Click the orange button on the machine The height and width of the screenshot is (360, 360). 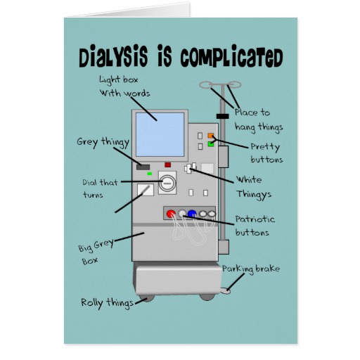point(211,136)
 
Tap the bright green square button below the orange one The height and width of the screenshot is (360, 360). point(211,144)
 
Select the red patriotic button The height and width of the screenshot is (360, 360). point(171,214)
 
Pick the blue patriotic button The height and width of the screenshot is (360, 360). point(192,214)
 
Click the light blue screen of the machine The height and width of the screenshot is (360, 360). point(160,134)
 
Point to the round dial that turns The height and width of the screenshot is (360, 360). point(167,183)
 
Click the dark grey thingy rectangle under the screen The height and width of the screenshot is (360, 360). point(143,167)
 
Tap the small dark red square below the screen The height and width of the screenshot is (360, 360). point(167,165)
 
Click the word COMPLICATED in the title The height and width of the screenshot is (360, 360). point(231,58)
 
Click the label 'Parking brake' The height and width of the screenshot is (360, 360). point(251,269)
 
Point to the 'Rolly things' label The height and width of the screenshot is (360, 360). point(107,303)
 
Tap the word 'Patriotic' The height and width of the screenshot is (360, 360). point(255,219)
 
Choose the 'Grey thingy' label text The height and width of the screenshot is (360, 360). point(103,142)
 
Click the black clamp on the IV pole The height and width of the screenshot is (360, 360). point(222,116)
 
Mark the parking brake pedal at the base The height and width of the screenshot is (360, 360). point(226,291)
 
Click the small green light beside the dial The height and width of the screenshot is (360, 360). point(149,174)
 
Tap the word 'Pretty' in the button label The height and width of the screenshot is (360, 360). point(265,148)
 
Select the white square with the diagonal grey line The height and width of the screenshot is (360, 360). point(146,190)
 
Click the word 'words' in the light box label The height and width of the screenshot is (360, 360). point(137,94)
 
